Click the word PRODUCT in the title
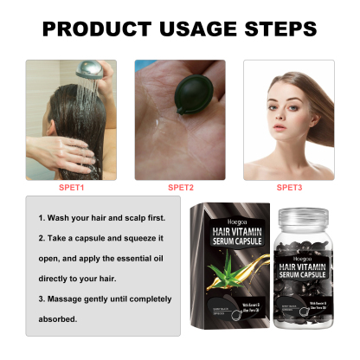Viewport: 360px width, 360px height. [94, 28]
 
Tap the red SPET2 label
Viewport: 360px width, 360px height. [180, 186]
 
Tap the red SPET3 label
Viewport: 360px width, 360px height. [290, 186]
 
